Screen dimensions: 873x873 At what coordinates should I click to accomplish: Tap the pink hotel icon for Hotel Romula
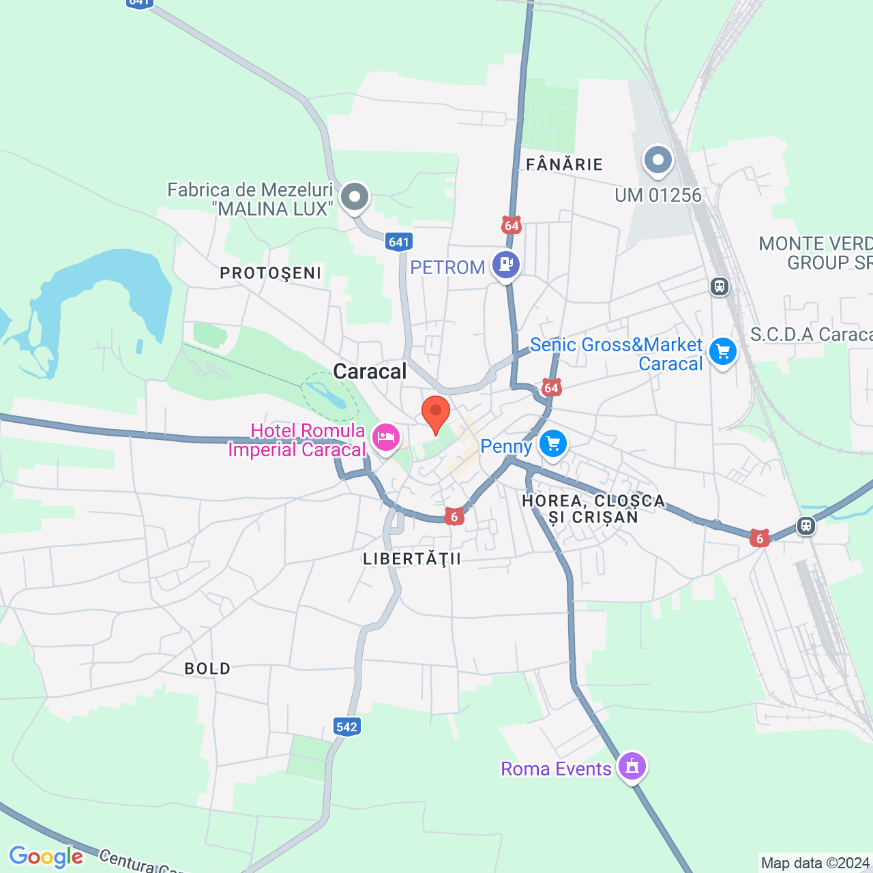386,436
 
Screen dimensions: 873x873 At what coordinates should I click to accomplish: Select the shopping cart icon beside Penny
552,444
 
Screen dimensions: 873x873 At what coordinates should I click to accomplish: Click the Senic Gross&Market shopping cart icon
723,352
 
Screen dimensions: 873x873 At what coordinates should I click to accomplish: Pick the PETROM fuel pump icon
506,264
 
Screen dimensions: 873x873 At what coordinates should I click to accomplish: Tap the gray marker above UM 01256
658,161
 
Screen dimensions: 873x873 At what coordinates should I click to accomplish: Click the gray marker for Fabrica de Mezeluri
355,198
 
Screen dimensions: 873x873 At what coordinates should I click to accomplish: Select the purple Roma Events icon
632,766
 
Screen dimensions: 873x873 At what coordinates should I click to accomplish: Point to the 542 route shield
346,726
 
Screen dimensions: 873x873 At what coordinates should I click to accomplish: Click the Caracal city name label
370,372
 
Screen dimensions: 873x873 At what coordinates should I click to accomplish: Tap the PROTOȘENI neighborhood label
271,273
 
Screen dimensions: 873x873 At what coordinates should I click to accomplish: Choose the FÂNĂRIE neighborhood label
565,164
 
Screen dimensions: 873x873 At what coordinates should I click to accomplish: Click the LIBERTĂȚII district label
412,559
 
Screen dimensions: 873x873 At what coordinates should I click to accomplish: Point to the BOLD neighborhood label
207,669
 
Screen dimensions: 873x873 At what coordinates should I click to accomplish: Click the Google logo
46,857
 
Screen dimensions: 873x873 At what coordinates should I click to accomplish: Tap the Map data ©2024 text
815,863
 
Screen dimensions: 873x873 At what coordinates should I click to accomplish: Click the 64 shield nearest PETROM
512,225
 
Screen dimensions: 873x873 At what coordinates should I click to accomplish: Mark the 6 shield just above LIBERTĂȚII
454,517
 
